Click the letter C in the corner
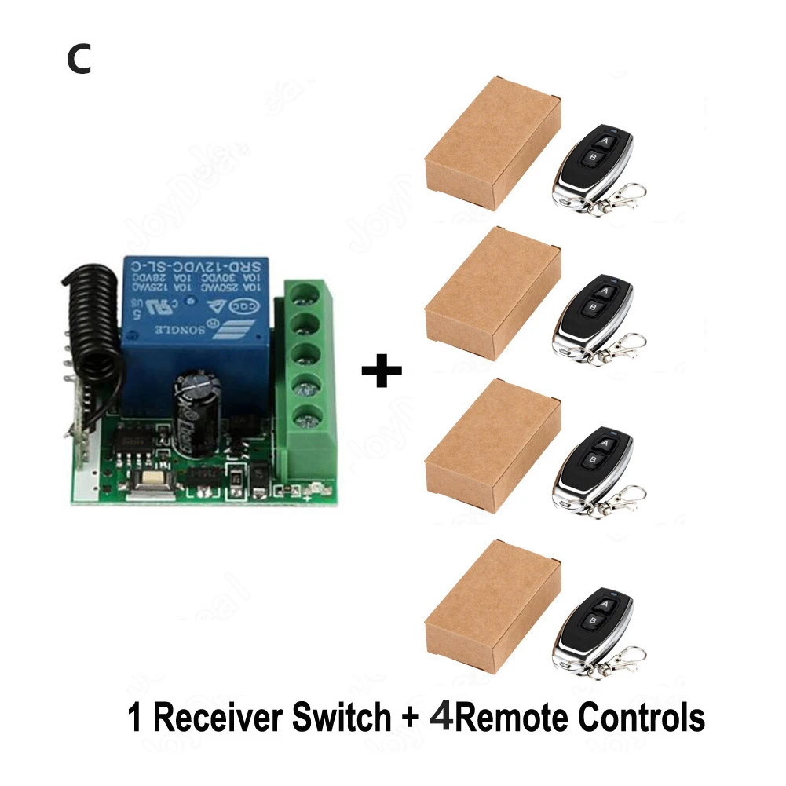[x=79, y=60]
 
